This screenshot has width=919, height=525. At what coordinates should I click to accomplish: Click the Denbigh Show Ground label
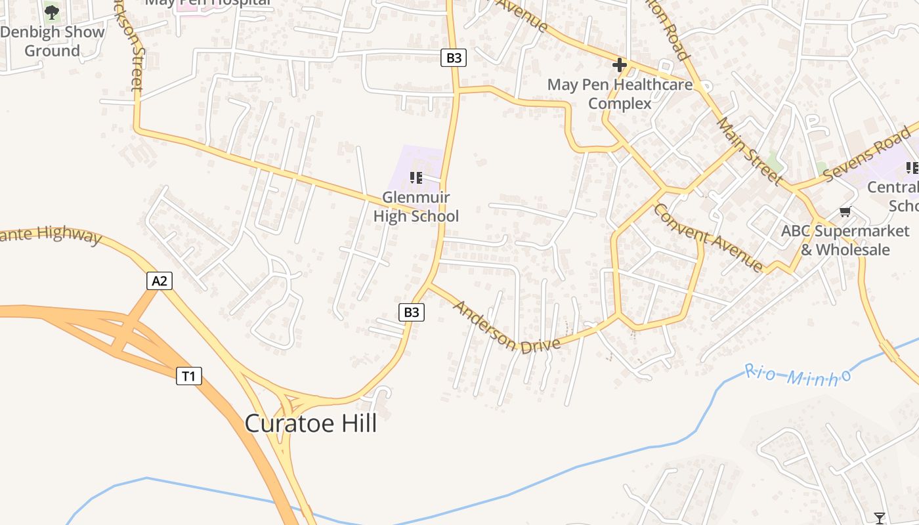click(53, 41)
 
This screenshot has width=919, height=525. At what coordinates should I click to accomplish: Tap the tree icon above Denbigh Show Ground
click(52, 12)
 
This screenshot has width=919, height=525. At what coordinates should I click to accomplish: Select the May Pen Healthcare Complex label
click(620, 94)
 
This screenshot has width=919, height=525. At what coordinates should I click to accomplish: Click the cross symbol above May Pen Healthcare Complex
click(619, 65)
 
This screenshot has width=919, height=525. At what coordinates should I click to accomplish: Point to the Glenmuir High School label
click(416, 207)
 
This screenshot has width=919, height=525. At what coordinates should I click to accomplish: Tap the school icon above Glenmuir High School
click(416, 178)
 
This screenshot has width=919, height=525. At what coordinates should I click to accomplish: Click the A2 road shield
click(160, 282)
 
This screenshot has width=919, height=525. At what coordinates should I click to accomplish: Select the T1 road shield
click(188, 376)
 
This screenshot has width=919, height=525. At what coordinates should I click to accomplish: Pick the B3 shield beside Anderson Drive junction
click(412, 312)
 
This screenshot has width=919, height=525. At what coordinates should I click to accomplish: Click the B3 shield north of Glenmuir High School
click(454, 58)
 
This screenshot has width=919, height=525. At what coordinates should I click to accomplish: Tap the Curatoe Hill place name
click(311, 424)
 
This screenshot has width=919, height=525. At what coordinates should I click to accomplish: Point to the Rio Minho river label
click(798, 375)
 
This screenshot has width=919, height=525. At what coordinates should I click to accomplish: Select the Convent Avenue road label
click(708, 238)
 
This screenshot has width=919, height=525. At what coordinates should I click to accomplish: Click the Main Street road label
click(749, 150)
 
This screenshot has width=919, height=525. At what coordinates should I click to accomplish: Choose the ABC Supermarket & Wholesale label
click(845, 240)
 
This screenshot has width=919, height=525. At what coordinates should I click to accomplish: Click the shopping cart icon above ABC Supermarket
click(845, 212)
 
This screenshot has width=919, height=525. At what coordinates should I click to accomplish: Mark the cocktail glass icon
click(880, 518)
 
